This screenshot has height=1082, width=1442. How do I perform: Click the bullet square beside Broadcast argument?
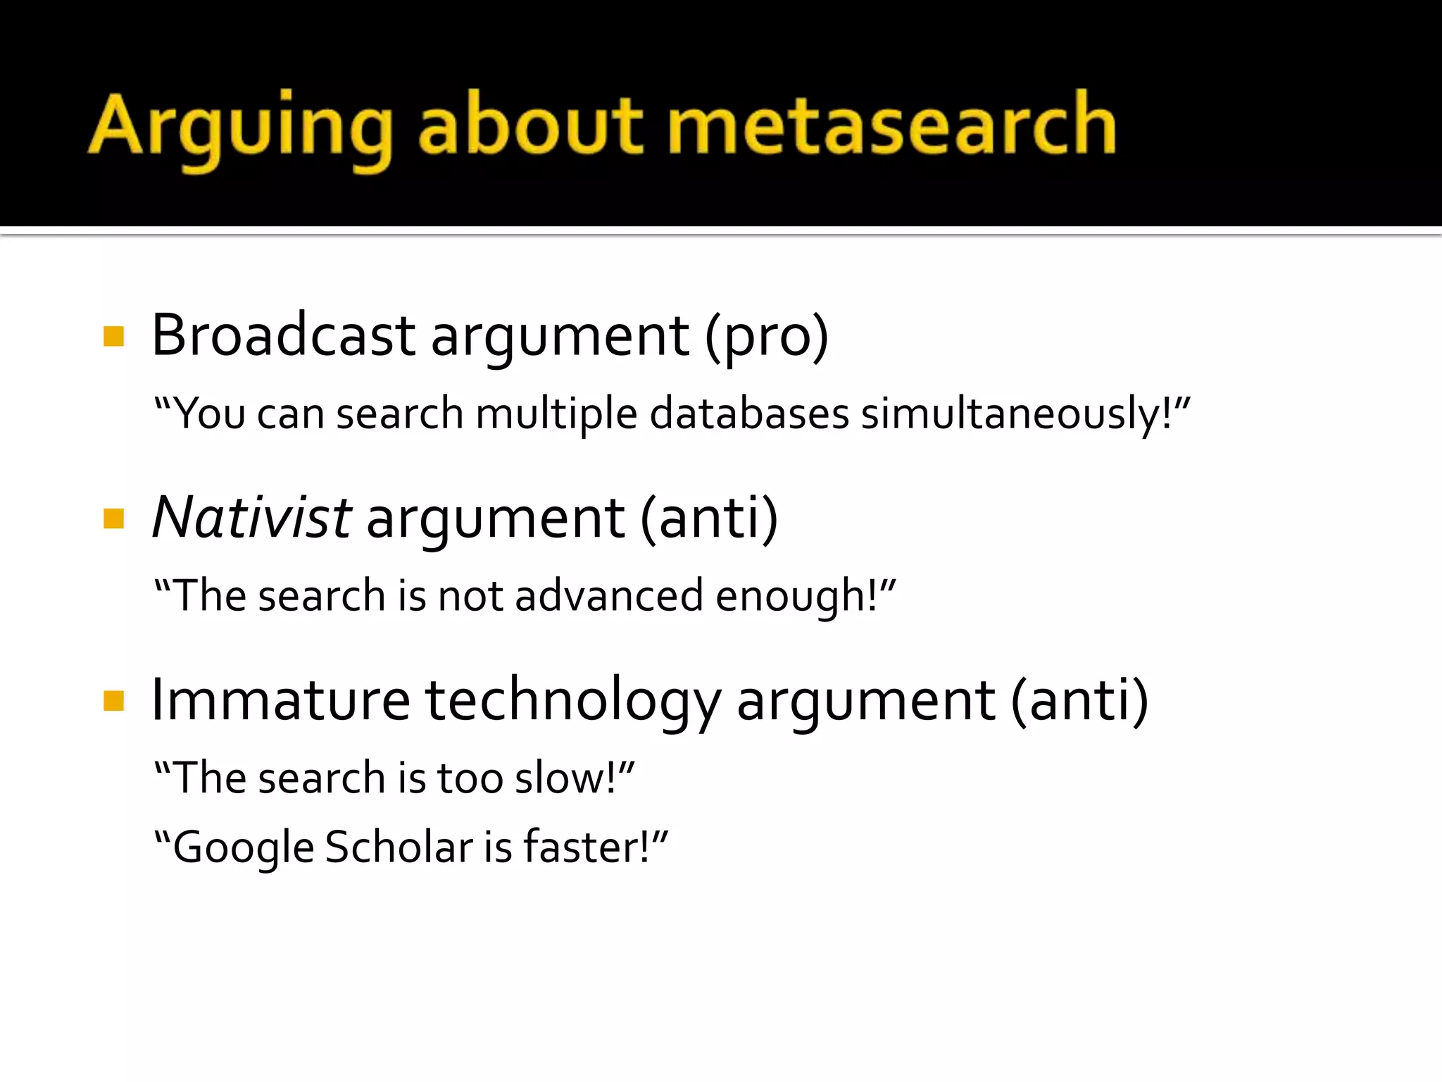113,336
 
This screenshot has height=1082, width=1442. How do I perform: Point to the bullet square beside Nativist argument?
113,518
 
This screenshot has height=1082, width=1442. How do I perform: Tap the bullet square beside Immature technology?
113,700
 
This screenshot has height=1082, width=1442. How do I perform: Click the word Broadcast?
283,335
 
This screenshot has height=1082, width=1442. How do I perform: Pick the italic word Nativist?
251,518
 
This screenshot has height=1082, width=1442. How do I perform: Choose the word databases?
749,413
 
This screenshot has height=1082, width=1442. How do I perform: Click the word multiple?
556,413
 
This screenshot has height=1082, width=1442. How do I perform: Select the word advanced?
609,596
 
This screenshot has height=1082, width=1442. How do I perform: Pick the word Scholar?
399,847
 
